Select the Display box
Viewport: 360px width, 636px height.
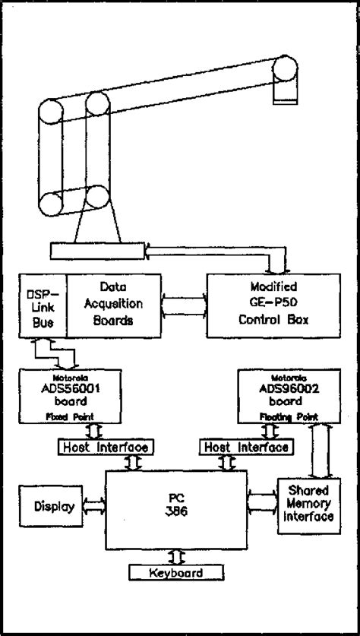49,506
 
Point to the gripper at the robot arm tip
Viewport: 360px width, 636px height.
285,90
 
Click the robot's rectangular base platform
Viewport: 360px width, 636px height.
97,249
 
